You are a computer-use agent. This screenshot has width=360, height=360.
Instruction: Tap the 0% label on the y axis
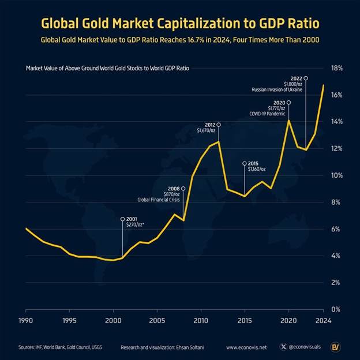[x=337, y=309]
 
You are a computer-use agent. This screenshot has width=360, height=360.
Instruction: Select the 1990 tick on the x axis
[x=25, y=320]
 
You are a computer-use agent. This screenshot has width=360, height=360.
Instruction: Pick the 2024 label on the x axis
[x=324, y=320]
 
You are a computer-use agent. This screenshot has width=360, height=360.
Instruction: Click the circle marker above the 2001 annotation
[x=122, y=219]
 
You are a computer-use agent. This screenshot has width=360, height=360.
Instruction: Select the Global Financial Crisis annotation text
[x=159, y=200]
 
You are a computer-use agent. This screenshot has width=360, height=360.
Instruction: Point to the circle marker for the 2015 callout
[x=245, y=163]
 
